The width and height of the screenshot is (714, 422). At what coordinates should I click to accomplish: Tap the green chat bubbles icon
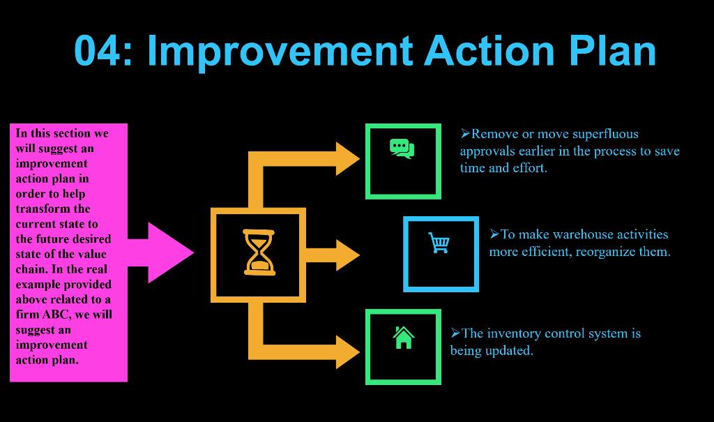point(402,149)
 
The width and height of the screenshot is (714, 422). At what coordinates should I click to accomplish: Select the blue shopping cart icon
point(439,243)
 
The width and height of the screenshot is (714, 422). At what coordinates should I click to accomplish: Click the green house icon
point(403,338)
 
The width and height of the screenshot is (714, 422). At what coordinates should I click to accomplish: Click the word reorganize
point(605,252)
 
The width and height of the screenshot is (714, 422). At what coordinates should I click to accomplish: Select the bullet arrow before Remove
point(466,133)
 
